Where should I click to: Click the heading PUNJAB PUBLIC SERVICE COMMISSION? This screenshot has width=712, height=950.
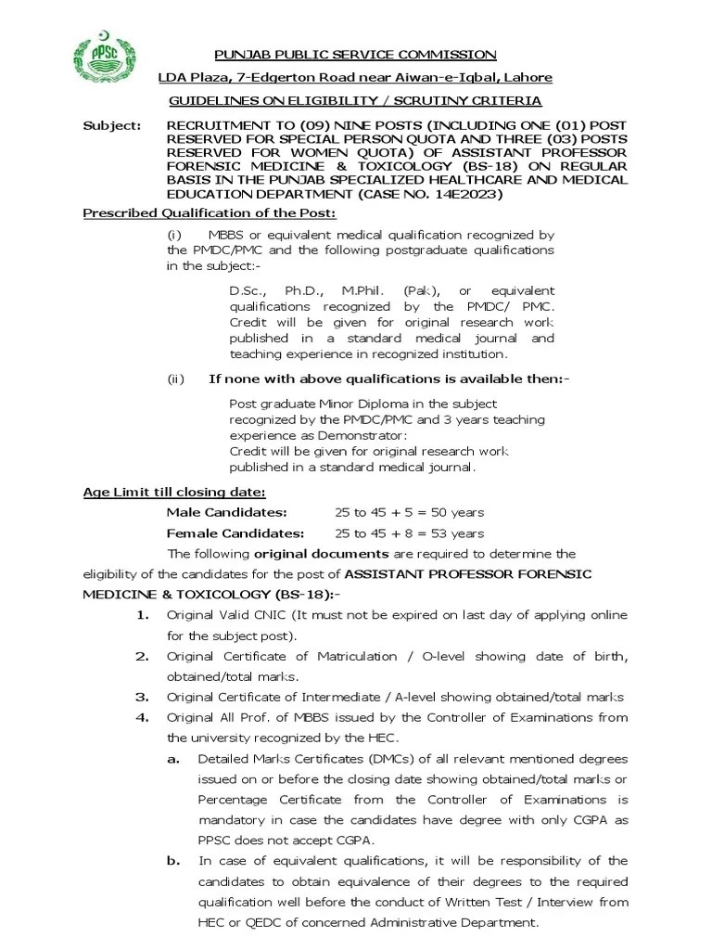click(x=355, y=55)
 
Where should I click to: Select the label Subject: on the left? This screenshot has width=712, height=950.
click(x=112, y=123)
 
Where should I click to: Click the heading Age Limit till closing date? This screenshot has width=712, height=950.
click(x=174, y=491)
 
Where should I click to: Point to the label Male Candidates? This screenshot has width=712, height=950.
click(x=226, y=512)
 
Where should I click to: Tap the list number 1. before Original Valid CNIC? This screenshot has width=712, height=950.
click(x=143, y=615)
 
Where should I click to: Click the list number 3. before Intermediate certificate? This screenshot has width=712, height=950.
click(x=143, y=697)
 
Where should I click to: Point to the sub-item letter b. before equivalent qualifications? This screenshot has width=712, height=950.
click(x=173, y=861)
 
